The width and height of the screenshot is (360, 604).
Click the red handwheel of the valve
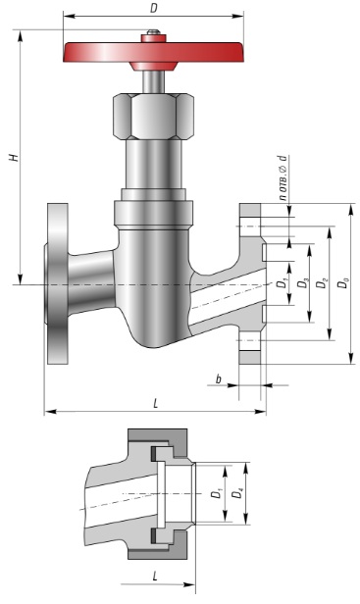pos(153,52)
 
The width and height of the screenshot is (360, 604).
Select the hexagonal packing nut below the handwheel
pos(153,117)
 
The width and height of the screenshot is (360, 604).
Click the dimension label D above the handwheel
pos(153,8)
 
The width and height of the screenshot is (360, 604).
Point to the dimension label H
pos(15,158)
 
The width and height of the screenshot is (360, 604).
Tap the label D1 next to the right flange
pos(283,283)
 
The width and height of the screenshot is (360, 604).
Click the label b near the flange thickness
pos(219,379)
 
